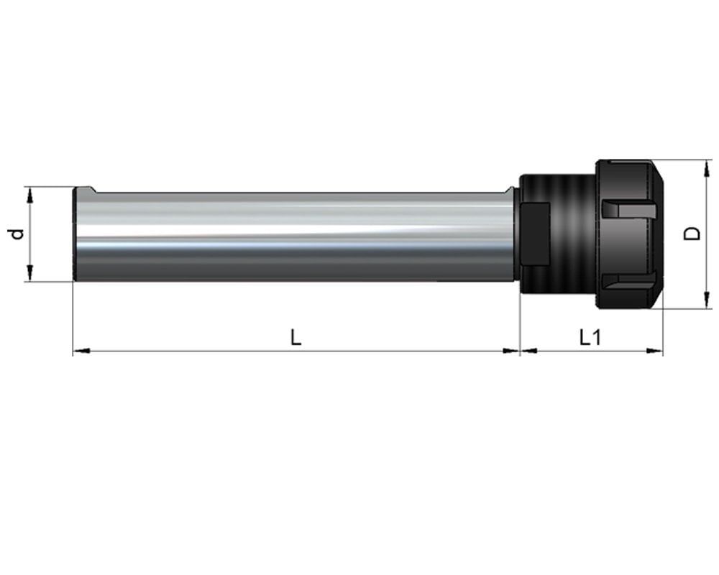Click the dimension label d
tap(17, 234)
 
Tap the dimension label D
tap(692, 234)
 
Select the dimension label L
tap(296, 336)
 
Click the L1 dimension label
tap(590, 336)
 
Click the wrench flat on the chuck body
tap(536, 234)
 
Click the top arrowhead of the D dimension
tap(703, 167)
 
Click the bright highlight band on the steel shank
tap(288, 216)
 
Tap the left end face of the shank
tap(76, 234)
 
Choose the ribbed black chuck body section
tap(568, 234)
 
